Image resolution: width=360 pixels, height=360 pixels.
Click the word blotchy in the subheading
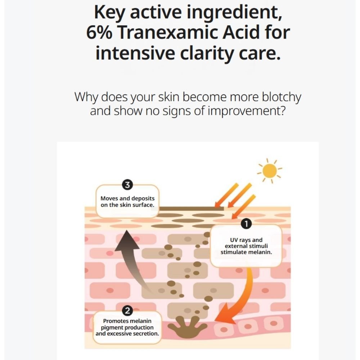[x=281, y=97]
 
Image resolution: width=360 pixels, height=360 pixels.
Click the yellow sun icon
[x=269, y=171]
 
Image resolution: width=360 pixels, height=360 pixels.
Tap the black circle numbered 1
[x=246, y=224]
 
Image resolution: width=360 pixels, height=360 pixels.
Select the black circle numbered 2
[x=127, y=310]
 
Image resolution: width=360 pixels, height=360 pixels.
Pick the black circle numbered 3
[x=127, y=185]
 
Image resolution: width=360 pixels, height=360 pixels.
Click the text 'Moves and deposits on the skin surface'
[x=127, y=202]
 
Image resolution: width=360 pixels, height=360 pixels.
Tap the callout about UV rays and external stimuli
[x=246, y=246]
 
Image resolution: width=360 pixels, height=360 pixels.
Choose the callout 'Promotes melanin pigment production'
[x=127, y=327]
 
